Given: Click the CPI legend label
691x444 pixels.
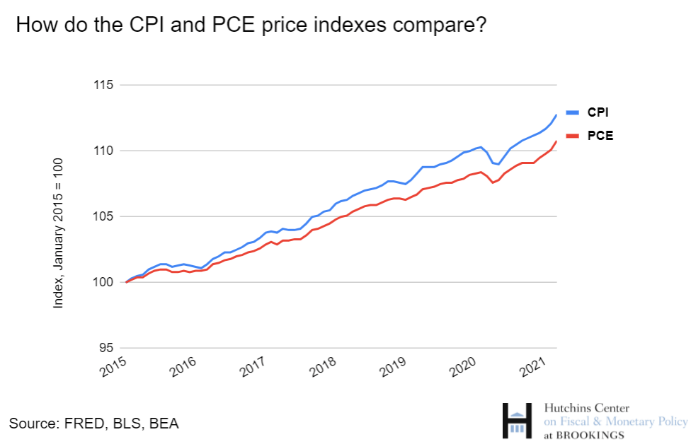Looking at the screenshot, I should pyautogui.click(x=598, y=112).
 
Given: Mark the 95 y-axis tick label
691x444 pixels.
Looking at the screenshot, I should pyautogui.click(x=105, y=348).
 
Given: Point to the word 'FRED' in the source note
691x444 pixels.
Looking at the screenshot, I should pyautogui.click(x=79, y=423).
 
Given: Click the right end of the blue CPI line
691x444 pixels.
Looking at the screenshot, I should pyautogui.click(x=556, y=115).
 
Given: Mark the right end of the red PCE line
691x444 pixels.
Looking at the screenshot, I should pyautogui.click(x=556, y=141).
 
